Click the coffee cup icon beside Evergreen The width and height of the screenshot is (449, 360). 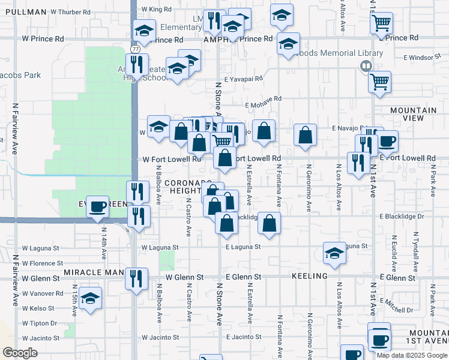click(98, 207)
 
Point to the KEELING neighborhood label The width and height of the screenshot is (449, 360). click(310, 276)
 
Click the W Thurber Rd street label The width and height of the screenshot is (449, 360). click(70, 12)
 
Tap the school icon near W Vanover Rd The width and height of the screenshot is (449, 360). click(90, 298)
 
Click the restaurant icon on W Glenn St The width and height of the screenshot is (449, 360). click(137, 278)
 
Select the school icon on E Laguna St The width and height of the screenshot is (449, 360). click(334, 253)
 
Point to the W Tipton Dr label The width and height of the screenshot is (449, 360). click(40, 323)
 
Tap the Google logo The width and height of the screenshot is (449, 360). click(20, 353)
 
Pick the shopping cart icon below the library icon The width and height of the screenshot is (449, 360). click(379, 82)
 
